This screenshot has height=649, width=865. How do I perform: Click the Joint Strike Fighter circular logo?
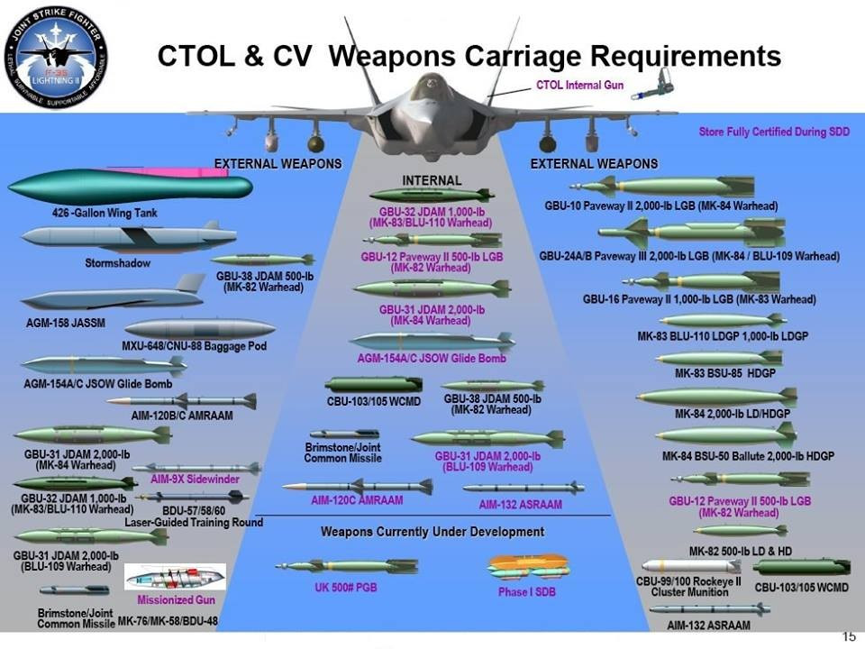tap(56, 56)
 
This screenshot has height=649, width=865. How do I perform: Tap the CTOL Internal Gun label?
tap(579, 85)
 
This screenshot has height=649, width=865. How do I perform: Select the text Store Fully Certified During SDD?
tap(775, 132)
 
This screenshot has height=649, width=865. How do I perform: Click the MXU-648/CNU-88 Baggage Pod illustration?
tap(200, 329)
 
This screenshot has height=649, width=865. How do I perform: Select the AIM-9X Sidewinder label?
tap(194, 480)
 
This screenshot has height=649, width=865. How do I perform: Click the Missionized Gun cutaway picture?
tap(175, 577)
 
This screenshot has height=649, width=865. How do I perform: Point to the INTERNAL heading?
tap(431, 181)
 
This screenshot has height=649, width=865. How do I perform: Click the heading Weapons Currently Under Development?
tap(432, 532)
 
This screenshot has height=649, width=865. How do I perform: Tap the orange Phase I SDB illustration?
tap(526, 567)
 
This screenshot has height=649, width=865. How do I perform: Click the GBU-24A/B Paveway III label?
tap(689, 256)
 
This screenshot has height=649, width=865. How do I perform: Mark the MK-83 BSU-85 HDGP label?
tap(725, 372)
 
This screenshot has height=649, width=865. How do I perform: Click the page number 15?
tap(848, 636)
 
